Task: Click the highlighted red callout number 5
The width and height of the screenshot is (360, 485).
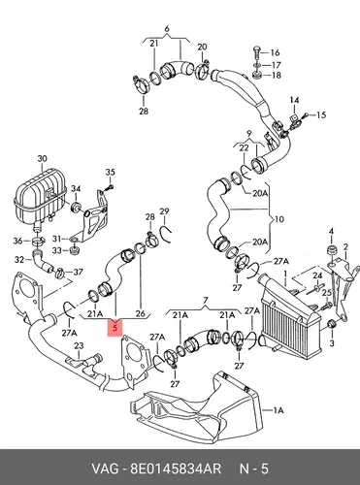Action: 116,328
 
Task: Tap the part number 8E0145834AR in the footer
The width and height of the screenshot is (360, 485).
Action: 176,469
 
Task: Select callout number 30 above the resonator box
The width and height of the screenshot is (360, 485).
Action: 42,159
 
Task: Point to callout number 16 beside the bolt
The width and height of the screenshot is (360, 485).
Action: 275,52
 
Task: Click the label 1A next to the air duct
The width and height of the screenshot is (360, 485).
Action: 278,410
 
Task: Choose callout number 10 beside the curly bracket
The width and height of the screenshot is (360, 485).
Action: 279,219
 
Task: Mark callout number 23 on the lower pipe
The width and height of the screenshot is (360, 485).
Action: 79,346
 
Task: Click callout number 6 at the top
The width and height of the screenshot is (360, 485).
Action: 167,29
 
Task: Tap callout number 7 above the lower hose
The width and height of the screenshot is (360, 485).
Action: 206,301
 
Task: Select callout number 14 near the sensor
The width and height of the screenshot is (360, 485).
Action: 294,100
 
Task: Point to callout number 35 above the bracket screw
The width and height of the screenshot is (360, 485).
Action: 111,172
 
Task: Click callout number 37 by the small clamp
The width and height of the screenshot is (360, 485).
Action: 78,273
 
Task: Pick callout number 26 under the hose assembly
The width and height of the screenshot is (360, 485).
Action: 141,313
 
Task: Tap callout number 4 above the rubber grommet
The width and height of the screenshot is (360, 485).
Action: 331,231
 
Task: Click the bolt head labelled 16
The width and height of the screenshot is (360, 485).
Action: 255,51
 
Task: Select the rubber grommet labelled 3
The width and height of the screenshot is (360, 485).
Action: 332,324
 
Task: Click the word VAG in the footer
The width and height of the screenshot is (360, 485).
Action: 105,469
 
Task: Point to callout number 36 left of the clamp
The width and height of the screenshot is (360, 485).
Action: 17,241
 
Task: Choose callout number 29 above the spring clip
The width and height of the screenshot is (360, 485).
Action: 164,211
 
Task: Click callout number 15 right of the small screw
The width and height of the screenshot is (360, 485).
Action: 321,114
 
